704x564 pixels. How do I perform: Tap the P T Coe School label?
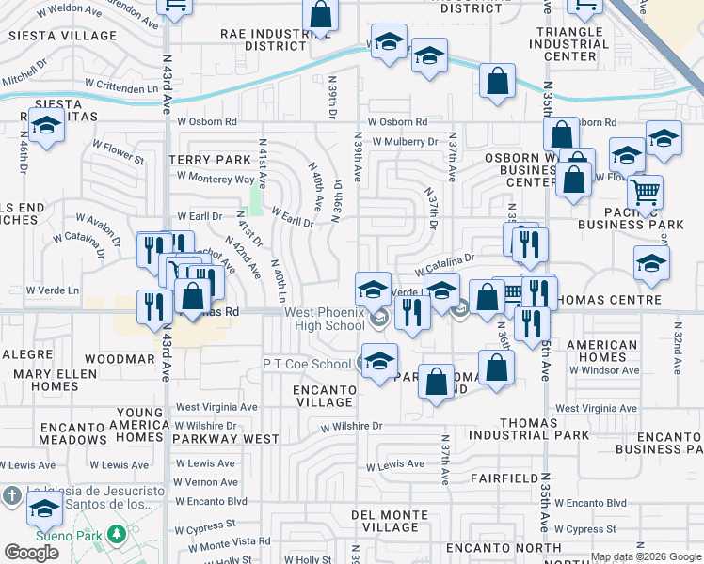pyautogui.click(x=307, y=364)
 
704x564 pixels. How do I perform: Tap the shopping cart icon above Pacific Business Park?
pyautogui.click(x=645, y=192)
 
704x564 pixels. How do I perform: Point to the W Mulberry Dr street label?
pyautogui.click(x=405, y=142)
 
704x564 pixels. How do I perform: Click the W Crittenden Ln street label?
pyautogui.click(x=118, y=88)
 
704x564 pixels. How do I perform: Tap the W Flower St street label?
pyautogui.click(x=118, y=147)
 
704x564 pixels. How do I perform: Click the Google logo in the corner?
pyautogui.click(x=31, y=553)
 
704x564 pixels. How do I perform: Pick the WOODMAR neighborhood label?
pyautogui.click(x=119, y=359)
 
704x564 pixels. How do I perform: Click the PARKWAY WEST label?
pyautogui.click(x=232, y=439)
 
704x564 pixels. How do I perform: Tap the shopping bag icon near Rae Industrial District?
pyautogui.click(x=320, y=14)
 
